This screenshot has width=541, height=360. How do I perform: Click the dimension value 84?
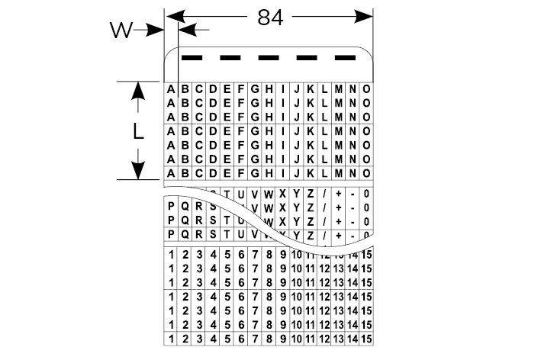269,17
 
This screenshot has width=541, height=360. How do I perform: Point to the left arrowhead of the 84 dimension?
173,14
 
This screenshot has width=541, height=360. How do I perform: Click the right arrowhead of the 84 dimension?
365,14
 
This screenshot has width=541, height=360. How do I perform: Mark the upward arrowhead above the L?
138,90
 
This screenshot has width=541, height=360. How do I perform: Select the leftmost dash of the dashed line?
191,57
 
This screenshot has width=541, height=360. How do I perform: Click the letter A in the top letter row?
171,89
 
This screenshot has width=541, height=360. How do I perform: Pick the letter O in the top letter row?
366,89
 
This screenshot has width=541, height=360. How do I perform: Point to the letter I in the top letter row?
282,89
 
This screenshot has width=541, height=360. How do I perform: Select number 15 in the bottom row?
366,337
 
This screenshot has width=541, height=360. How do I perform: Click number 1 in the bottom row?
171,337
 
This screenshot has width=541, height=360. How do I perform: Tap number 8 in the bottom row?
269,337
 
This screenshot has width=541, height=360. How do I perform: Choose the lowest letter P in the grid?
171,233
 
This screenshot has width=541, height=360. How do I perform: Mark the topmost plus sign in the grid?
338,194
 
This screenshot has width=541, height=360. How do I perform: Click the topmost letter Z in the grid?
311,194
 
